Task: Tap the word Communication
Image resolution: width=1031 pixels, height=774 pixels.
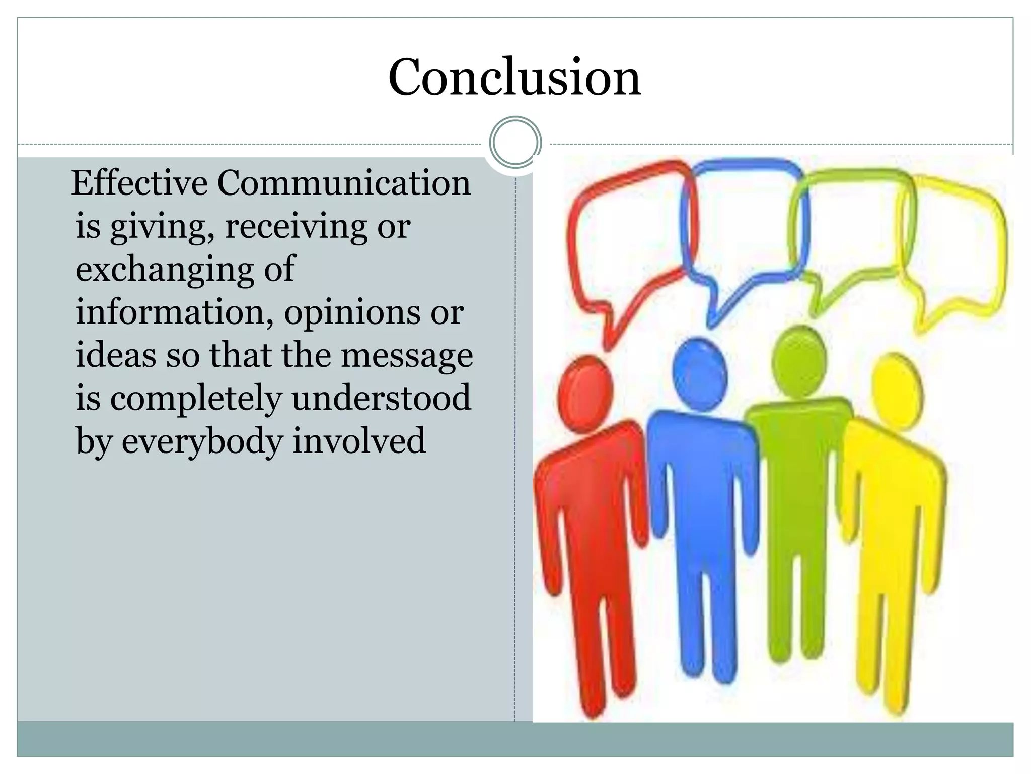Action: click(344, 183)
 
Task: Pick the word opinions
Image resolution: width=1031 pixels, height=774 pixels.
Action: click(352, 312)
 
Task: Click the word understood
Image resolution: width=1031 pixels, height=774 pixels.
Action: click(381, 399)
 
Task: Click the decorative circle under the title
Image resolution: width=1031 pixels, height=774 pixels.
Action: click(515, 143)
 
